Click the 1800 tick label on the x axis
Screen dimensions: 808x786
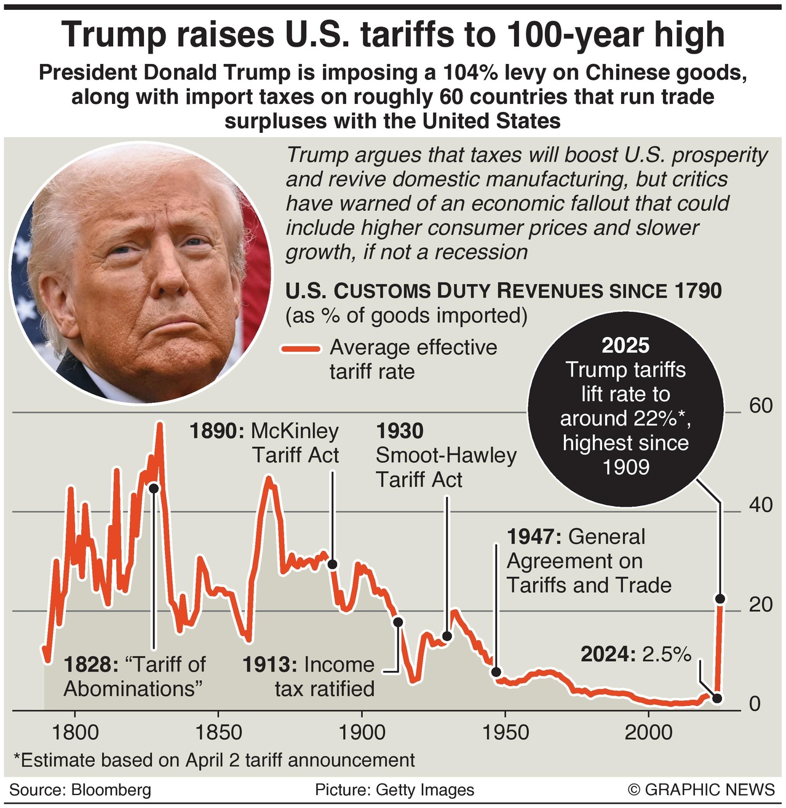pyautogui.click(x=75, y=732)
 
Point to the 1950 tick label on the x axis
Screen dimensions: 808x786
pyautogui.click(x=505, y=732)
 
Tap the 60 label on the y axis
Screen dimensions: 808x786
pyautogui.click(x=761, y=406)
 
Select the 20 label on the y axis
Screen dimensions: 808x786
pyautogui.click(x=761, y=605)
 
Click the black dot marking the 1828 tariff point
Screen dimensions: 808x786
pyautogui.click(x=154, y=488)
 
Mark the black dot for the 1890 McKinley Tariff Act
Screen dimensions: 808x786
pyautogui.click(x=332, y=564)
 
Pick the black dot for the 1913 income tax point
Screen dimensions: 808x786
pyautogui.click(x=398, y=622)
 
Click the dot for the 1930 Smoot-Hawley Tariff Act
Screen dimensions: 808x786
pyautogui.click(x=447, y=636)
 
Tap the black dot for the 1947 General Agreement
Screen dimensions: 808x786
pyautogui.click(x=496, y=672)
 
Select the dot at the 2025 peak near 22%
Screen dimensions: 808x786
pyautogui.click(x=720, y=599)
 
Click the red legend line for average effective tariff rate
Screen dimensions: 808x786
pyautogui.click(x=301, y=349)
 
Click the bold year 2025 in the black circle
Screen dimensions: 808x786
pyautogui.click(x=625, y=346)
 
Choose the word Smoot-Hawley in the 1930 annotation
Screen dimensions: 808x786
pyautogui.click(x=446, y=456)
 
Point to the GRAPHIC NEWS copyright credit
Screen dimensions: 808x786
pyautogui.click(x=702, y=790)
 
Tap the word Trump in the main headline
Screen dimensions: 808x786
pyautogui.click(x=114, y=35)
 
